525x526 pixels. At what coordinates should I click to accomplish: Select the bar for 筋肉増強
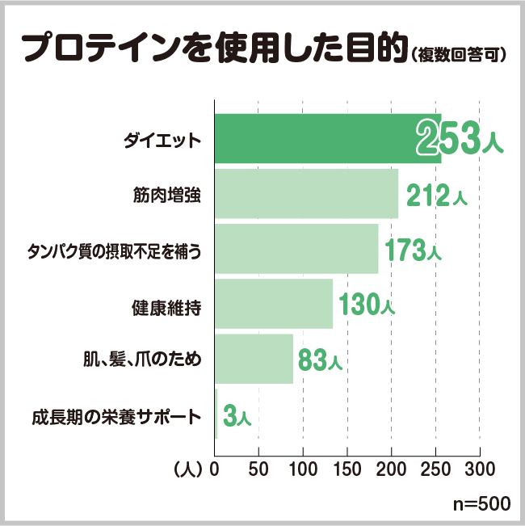click(307, 195)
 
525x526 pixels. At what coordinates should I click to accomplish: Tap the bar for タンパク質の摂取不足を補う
click(296, 250)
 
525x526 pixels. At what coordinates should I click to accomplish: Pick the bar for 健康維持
click(274, 305)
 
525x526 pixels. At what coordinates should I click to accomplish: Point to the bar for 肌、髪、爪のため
click(254, 360)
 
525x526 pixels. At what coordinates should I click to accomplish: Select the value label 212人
click(437, 195)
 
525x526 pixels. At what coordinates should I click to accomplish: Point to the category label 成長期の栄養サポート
click(115, 418)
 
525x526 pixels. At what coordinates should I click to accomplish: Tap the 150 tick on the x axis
click(347, 468)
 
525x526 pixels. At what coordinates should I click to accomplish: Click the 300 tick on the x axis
click(480, 468)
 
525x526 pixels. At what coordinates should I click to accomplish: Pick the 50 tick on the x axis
click(258, 468)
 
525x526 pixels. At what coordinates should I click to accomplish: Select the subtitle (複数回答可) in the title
click(458, 56)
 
